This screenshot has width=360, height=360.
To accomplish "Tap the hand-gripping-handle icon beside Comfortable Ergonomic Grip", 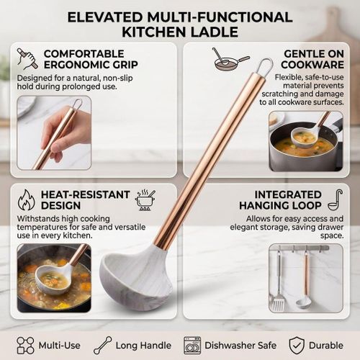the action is coord(27,59).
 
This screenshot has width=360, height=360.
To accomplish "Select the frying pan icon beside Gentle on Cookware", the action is coord(231,60).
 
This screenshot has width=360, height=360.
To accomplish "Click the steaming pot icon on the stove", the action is coord(145,200).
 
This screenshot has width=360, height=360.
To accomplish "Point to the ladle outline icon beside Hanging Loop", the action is coord(336,200).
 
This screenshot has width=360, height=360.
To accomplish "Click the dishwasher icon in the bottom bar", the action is coord(192,346).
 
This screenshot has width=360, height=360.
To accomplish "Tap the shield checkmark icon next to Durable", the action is coord(297,346).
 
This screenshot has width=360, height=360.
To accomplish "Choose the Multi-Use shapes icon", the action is coord(25,346).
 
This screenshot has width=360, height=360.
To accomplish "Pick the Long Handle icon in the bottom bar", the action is coord(103,346).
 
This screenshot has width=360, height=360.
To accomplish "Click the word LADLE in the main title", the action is coord(215,32).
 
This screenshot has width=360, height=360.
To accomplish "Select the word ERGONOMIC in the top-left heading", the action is coord(91,65).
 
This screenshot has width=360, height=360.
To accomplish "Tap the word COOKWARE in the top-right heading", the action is coord(312,65).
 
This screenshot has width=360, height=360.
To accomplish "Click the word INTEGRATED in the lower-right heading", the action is coord(288,194).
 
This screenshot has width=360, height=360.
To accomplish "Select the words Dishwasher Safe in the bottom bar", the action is coord(240,346).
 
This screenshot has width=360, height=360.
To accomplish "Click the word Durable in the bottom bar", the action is coord(326,346).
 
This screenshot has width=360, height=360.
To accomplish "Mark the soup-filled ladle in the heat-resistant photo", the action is coord(56,276).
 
